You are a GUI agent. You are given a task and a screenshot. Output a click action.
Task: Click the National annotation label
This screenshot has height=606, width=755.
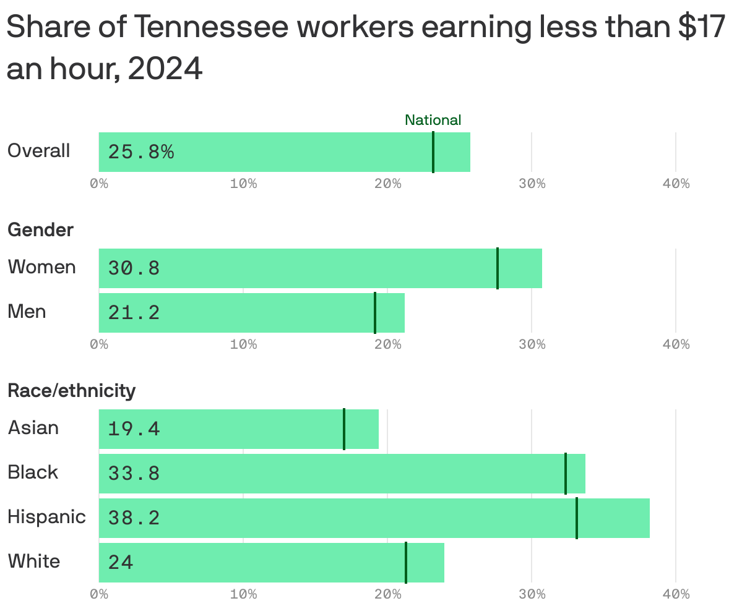click(433, 120)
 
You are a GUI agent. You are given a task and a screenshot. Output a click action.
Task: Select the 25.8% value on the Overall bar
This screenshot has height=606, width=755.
click(141, 152)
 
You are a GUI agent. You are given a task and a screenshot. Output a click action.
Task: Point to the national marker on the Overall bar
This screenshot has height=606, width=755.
click(433, 152)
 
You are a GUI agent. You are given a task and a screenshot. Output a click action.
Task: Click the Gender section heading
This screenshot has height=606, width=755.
click(40, 230)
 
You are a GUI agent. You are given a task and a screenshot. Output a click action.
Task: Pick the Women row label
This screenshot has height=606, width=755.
click(41, 267)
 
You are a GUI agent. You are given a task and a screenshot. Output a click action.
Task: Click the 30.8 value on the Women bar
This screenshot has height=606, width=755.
click(134, 268)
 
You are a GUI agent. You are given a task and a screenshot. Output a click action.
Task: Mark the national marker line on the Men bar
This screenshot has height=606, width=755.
click(375, 313)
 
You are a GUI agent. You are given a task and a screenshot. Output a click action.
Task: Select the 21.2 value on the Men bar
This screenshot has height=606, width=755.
click(134, 313)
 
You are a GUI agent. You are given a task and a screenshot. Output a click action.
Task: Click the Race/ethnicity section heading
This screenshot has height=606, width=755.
click(71, 391)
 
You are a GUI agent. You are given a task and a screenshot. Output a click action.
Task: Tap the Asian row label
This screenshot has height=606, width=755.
click(33, 428)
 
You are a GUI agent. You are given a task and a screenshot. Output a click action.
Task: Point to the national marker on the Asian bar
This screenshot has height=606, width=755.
click(344, 429)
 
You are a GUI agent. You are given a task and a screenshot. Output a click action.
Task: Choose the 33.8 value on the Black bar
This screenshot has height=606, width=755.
click(134, 474)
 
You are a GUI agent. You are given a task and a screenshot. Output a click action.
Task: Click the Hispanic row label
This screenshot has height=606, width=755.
click(46, 517)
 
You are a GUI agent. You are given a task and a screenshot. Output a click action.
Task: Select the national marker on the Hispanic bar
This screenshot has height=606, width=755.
click(577, 518)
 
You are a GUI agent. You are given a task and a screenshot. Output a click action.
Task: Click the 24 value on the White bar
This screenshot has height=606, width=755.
click(121, 563)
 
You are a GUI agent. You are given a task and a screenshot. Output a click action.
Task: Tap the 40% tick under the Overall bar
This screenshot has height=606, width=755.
click(676, 184)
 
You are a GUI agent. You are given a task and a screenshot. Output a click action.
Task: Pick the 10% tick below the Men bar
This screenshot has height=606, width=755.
click(243, 344)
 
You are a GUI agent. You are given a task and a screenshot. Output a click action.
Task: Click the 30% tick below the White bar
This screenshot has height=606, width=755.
click(532, 594)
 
